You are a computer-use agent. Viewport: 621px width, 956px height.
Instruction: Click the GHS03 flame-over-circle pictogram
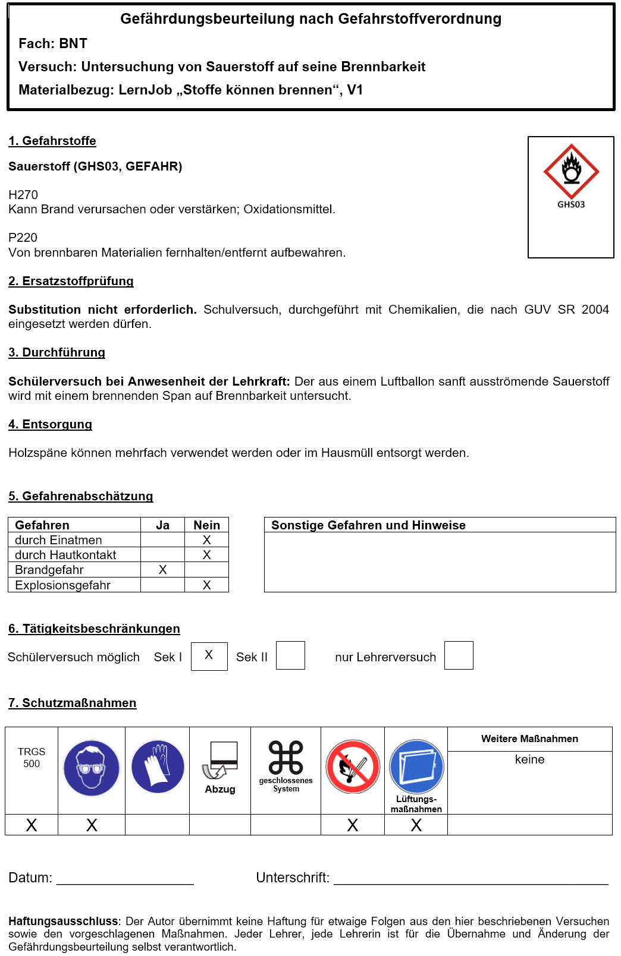point(571,171)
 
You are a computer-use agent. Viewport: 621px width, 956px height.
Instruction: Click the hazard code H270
point(23,195)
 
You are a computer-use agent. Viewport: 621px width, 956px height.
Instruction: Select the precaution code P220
point(23,238)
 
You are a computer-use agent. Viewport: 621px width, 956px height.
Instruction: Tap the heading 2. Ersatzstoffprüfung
point(71,281)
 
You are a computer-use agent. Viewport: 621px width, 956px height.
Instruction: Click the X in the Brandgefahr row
point(162,570)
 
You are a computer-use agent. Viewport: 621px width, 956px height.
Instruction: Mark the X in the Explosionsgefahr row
point(206,585)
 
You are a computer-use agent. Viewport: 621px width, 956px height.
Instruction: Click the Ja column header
point(162,525)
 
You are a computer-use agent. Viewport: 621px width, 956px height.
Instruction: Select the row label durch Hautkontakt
point(65,555)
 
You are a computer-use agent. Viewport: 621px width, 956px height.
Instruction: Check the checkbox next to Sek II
point(290,655)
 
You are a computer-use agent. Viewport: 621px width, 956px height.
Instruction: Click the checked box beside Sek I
point(209,656)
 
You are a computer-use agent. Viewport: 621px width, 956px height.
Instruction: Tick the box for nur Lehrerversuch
point(459,655)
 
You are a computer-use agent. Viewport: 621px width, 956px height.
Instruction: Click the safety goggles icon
point(92,768)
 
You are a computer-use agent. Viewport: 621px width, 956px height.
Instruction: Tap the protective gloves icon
point(158,766)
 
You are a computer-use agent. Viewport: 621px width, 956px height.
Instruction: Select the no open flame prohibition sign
point(353,766)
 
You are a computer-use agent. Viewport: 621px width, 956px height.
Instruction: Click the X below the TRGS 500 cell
point(32,825)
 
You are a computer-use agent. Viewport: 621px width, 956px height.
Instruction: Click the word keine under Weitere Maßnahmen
point(529,759)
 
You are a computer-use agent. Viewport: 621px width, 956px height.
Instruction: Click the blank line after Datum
point(125,879)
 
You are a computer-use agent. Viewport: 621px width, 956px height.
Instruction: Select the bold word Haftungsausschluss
point(63,922)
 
